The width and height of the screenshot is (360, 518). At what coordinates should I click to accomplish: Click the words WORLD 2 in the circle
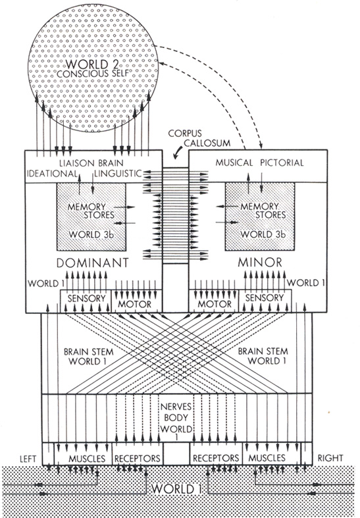point(87,64)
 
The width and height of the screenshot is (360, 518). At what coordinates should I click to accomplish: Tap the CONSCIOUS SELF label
point(88,74)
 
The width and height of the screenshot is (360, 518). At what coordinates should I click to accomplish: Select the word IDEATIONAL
point(52,174)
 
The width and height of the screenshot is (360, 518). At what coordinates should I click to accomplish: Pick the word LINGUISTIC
point(118,174)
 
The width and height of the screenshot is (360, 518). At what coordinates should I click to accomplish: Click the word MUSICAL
point(234,163)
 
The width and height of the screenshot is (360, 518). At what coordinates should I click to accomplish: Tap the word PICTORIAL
point(282,163)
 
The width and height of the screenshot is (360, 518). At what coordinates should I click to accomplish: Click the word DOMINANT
point(93,263)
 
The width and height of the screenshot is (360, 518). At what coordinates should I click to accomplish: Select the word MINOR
point(260,263)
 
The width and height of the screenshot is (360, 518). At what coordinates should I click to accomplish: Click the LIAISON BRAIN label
point(91,163)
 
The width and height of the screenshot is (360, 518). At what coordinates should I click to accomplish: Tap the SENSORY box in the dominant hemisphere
point(86,301)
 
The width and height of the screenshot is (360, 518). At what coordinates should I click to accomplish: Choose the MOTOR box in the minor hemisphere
point(213,301)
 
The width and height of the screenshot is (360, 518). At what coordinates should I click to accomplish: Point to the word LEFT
point(28,459)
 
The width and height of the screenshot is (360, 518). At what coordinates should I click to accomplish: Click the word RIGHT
point(330,458)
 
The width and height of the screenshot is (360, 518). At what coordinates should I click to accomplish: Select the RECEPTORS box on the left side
point(138,454)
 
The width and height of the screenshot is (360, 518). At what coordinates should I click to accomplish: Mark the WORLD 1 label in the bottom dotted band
point(176,488)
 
